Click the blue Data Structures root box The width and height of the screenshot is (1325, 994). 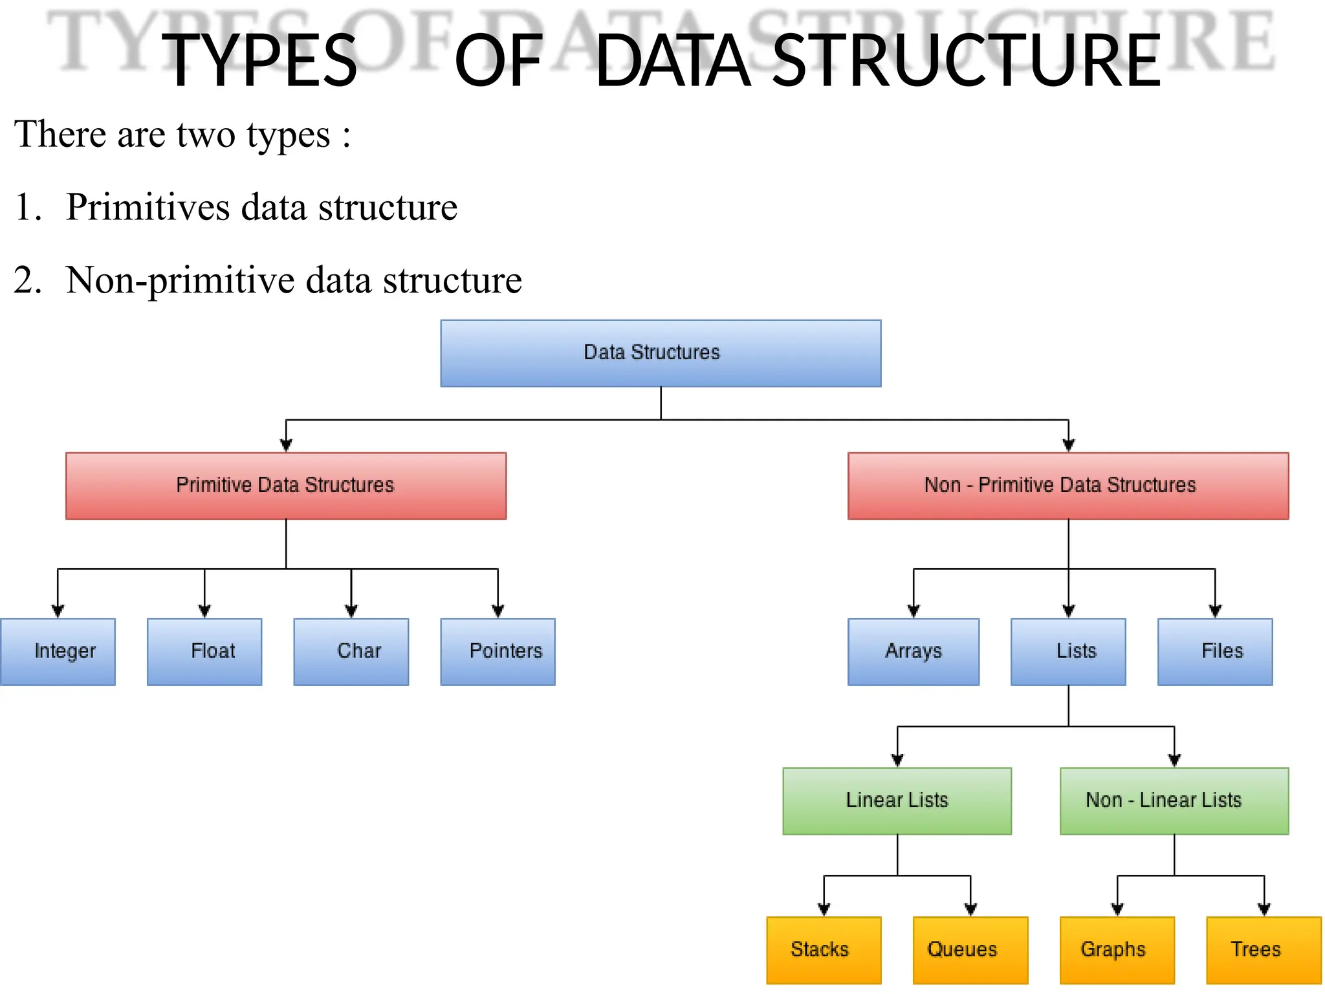661,353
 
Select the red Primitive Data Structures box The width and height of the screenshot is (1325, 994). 285,486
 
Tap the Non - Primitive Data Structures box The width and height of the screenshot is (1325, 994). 1068,486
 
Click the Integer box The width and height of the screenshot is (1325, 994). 58,652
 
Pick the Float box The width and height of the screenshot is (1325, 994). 204,652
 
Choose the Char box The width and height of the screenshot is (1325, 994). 351,652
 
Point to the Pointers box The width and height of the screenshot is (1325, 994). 498,652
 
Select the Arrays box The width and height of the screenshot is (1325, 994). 913,652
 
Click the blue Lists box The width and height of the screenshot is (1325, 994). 1068,652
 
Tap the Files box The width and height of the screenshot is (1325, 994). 1214,652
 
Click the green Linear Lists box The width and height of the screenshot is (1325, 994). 897,801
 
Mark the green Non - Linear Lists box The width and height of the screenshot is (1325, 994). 1174,801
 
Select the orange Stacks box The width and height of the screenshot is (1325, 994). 824,950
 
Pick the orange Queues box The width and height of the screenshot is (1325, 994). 970,950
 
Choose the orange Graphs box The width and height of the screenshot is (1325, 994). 1117,950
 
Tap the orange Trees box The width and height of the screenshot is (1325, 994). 1264,950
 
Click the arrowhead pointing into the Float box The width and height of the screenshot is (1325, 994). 204,611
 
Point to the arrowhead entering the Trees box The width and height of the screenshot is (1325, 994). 1264,909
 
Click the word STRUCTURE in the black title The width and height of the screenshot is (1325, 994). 967,61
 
